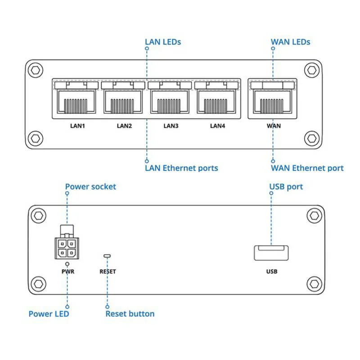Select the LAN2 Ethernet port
(x=124, y=102)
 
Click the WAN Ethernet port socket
(x=272, y=102)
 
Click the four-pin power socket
(x=67, y=247)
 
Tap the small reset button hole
(x=107, y=256)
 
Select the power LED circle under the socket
(x=67, y=263)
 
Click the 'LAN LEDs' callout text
(x=163, y=42)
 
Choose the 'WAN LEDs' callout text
(x=290, y=42)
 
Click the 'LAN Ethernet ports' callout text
(x=181, y=168)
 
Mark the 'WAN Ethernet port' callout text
(x=307, y=168)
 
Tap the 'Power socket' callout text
(x=90, y=186)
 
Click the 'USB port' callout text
(x=286, y=186)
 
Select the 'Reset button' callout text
(x=130, y=314)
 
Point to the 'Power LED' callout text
(x=49, y=314)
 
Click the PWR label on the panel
(x=67, y=271)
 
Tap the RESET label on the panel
(x=108, y=271)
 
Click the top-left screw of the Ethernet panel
(x=36, y=70)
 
